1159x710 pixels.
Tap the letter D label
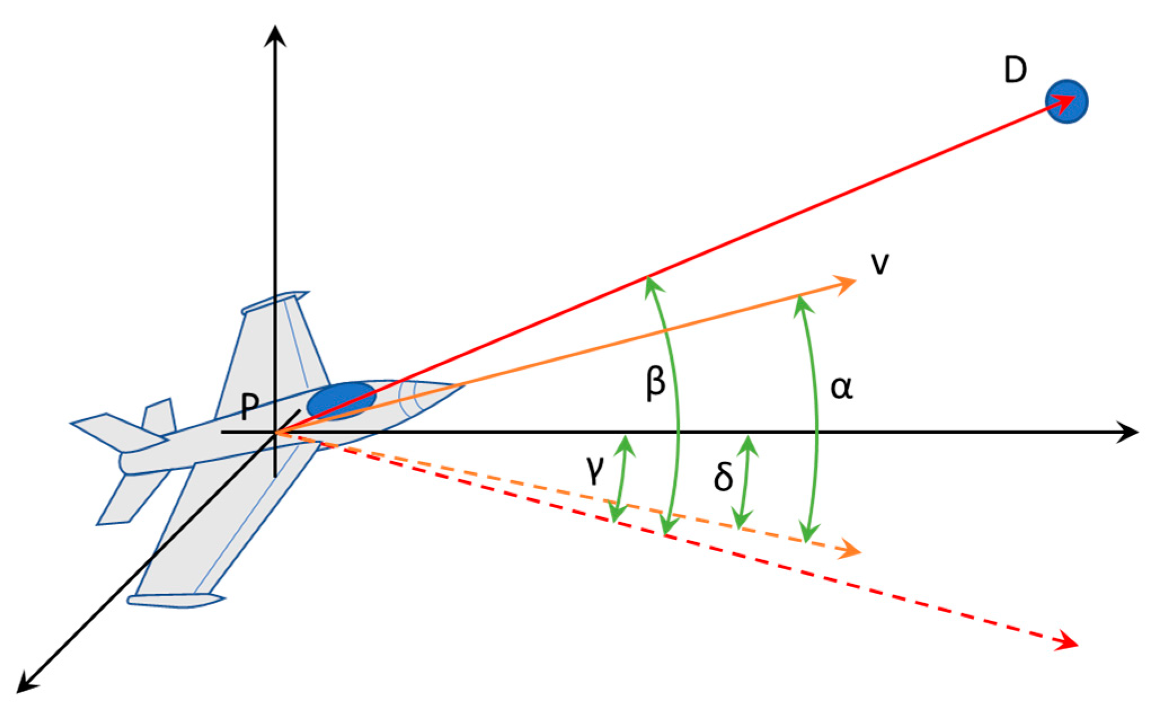tap(1015, 72)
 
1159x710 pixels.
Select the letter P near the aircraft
tap(250, 406)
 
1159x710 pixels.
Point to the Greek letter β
tap(655, 383)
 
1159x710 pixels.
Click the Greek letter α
tap(841, 388)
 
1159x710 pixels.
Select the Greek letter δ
tap(723, 477)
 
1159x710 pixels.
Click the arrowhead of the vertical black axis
tap(276, 35)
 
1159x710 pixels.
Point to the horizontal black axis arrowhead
tap(1128, 432)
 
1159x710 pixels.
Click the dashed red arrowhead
tap(1067, 642)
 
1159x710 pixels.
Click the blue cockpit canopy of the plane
tap(341, 400)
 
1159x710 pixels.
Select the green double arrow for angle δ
tap(745, 482)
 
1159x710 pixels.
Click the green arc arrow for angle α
tap(816, 417)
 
